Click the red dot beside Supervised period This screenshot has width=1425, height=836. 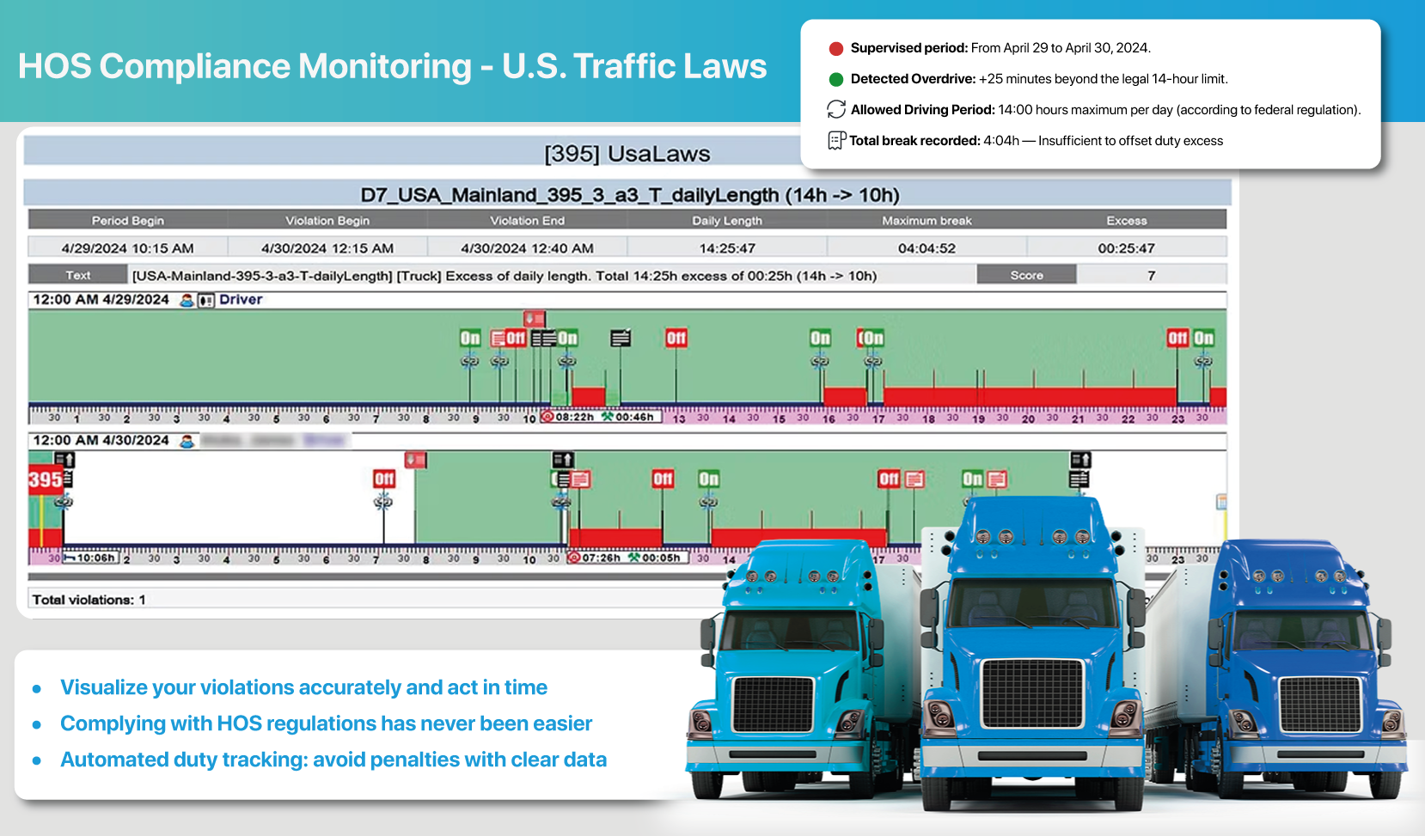(x=835, y=48)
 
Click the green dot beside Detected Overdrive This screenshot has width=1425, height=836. (x=835, y=79)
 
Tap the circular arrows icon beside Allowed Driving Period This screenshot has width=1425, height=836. (x=836, y=109)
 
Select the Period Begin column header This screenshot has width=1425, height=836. (x=127, y=221)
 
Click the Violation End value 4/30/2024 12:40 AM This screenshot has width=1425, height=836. (x=527, y=248)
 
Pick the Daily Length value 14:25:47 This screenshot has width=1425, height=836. (x=727, y=248)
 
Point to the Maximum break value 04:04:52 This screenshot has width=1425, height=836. (x=927, y=248)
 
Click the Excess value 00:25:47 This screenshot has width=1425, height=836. (x=1126, y=248)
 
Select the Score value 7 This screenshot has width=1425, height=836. (x=1151, y=276)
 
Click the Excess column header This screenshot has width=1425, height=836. (x=1126, y=221)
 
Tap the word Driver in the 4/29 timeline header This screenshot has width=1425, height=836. (x=241, y=300)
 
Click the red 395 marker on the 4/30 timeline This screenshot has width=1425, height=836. (x=45, y=479)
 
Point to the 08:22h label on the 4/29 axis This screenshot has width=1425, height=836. (x=574, y=417)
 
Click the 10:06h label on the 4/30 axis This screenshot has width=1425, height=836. (x=95, y=558)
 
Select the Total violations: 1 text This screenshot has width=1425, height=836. (x=89, y=600)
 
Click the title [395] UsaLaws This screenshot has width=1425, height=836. (x=627, y=154)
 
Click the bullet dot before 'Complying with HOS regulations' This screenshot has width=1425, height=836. (x=37, y=724)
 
